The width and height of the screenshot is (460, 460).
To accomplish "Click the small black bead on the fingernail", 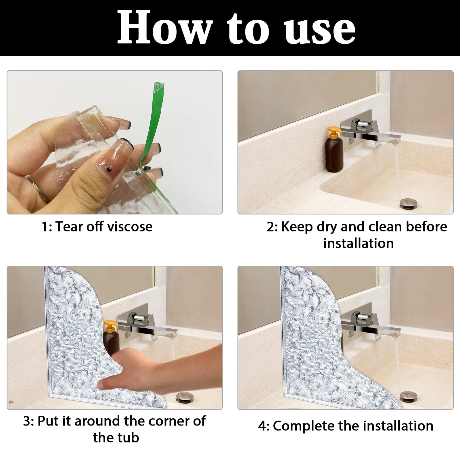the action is click(x=109, y=170).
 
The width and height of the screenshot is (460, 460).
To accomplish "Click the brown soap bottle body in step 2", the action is click(x=334, y=155).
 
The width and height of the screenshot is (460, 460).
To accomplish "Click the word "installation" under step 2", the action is click(x=358, y=243).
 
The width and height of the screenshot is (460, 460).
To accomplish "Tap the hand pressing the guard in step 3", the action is click(x=155, y=371).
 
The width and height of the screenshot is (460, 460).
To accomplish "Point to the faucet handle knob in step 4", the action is click(x=363, y=318).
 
